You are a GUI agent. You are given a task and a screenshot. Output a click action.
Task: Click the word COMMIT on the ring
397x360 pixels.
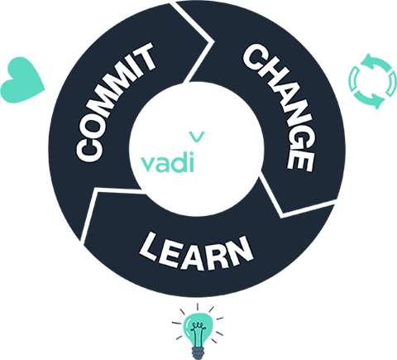click(115, 102)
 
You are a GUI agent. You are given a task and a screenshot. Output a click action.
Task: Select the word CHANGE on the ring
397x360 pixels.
click(279, 108)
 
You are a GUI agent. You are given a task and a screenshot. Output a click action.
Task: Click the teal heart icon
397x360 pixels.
click(22, 80)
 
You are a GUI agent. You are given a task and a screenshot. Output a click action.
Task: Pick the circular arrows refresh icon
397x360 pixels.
click(373, 81)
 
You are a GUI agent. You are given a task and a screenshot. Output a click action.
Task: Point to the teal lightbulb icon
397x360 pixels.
click(198, 332)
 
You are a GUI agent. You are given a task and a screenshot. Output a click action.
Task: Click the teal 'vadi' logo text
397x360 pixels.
click(167, 165)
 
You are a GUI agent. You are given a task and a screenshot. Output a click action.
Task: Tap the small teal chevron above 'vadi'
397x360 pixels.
click(198, 137)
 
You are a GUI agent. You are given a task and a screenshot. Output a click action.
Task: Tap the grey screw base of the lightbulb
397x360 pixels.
click(197, 353)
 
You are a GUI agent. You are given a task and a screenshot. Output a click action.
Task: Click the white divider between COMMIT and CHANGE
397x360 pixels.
click(195, 41)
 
